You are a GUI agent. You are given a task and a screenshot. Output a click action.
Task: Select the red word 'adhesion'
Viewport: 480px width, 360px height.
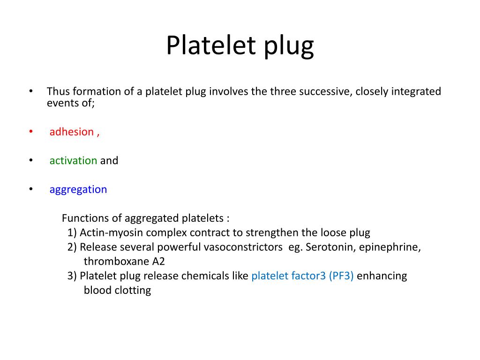72,132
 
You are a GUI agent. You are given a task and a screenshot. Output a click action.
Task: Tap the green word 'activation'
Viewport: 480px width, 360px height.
73,160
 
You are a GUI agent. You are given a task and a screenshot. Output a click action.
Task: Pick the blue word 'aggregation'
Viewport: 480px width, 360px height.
78,190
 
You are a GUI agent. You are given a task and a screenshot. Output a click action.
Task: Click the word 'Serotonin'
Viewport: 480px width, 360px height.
331,247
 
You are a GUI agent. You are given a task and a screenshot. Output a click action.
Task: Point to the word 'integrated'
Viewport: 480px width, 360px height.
419,91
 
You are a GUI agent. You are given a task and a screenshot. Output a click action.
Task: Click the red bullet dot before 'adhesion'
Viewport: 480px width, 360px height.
31,131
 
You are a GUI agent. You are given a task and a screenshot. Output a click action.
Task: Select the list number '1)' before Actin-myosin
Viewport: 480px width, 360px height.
72,232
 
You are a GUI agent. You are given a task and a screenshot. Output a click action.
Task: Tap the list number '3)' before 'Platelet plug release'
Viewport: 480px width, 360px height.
72,276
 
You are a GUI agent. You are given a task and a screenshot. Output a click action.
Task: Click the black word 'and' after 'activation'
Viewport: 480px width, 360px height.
109,160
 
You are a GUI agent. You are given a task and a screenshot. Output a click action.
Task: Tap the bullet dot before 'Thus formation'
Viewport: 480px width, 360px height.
31,91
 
